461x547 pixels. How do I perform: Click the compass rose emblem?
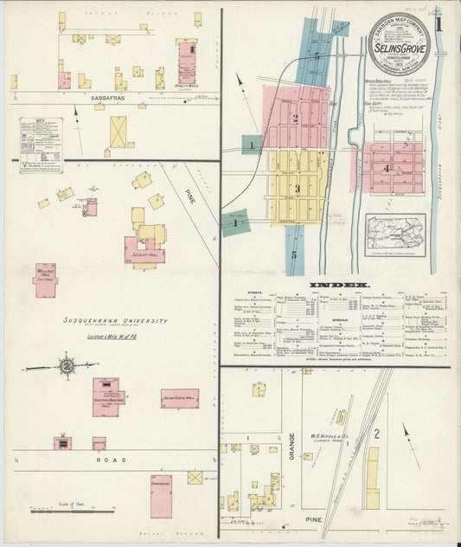tap(67, 366)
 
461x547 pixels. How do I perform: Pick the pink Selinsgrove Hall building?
tap(179, 398)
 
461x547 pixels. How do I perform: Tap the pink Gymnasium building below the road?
tap(161, 496)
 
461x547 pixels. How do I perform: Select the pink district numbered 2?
tap(296, 117)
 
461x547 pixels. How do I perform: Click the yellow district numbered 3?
tap(297, 187)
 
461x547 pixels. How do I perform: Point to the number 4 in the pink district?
tap(386, 168)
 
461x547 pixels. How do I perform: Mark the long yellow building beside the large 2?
tap(372, 477)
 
